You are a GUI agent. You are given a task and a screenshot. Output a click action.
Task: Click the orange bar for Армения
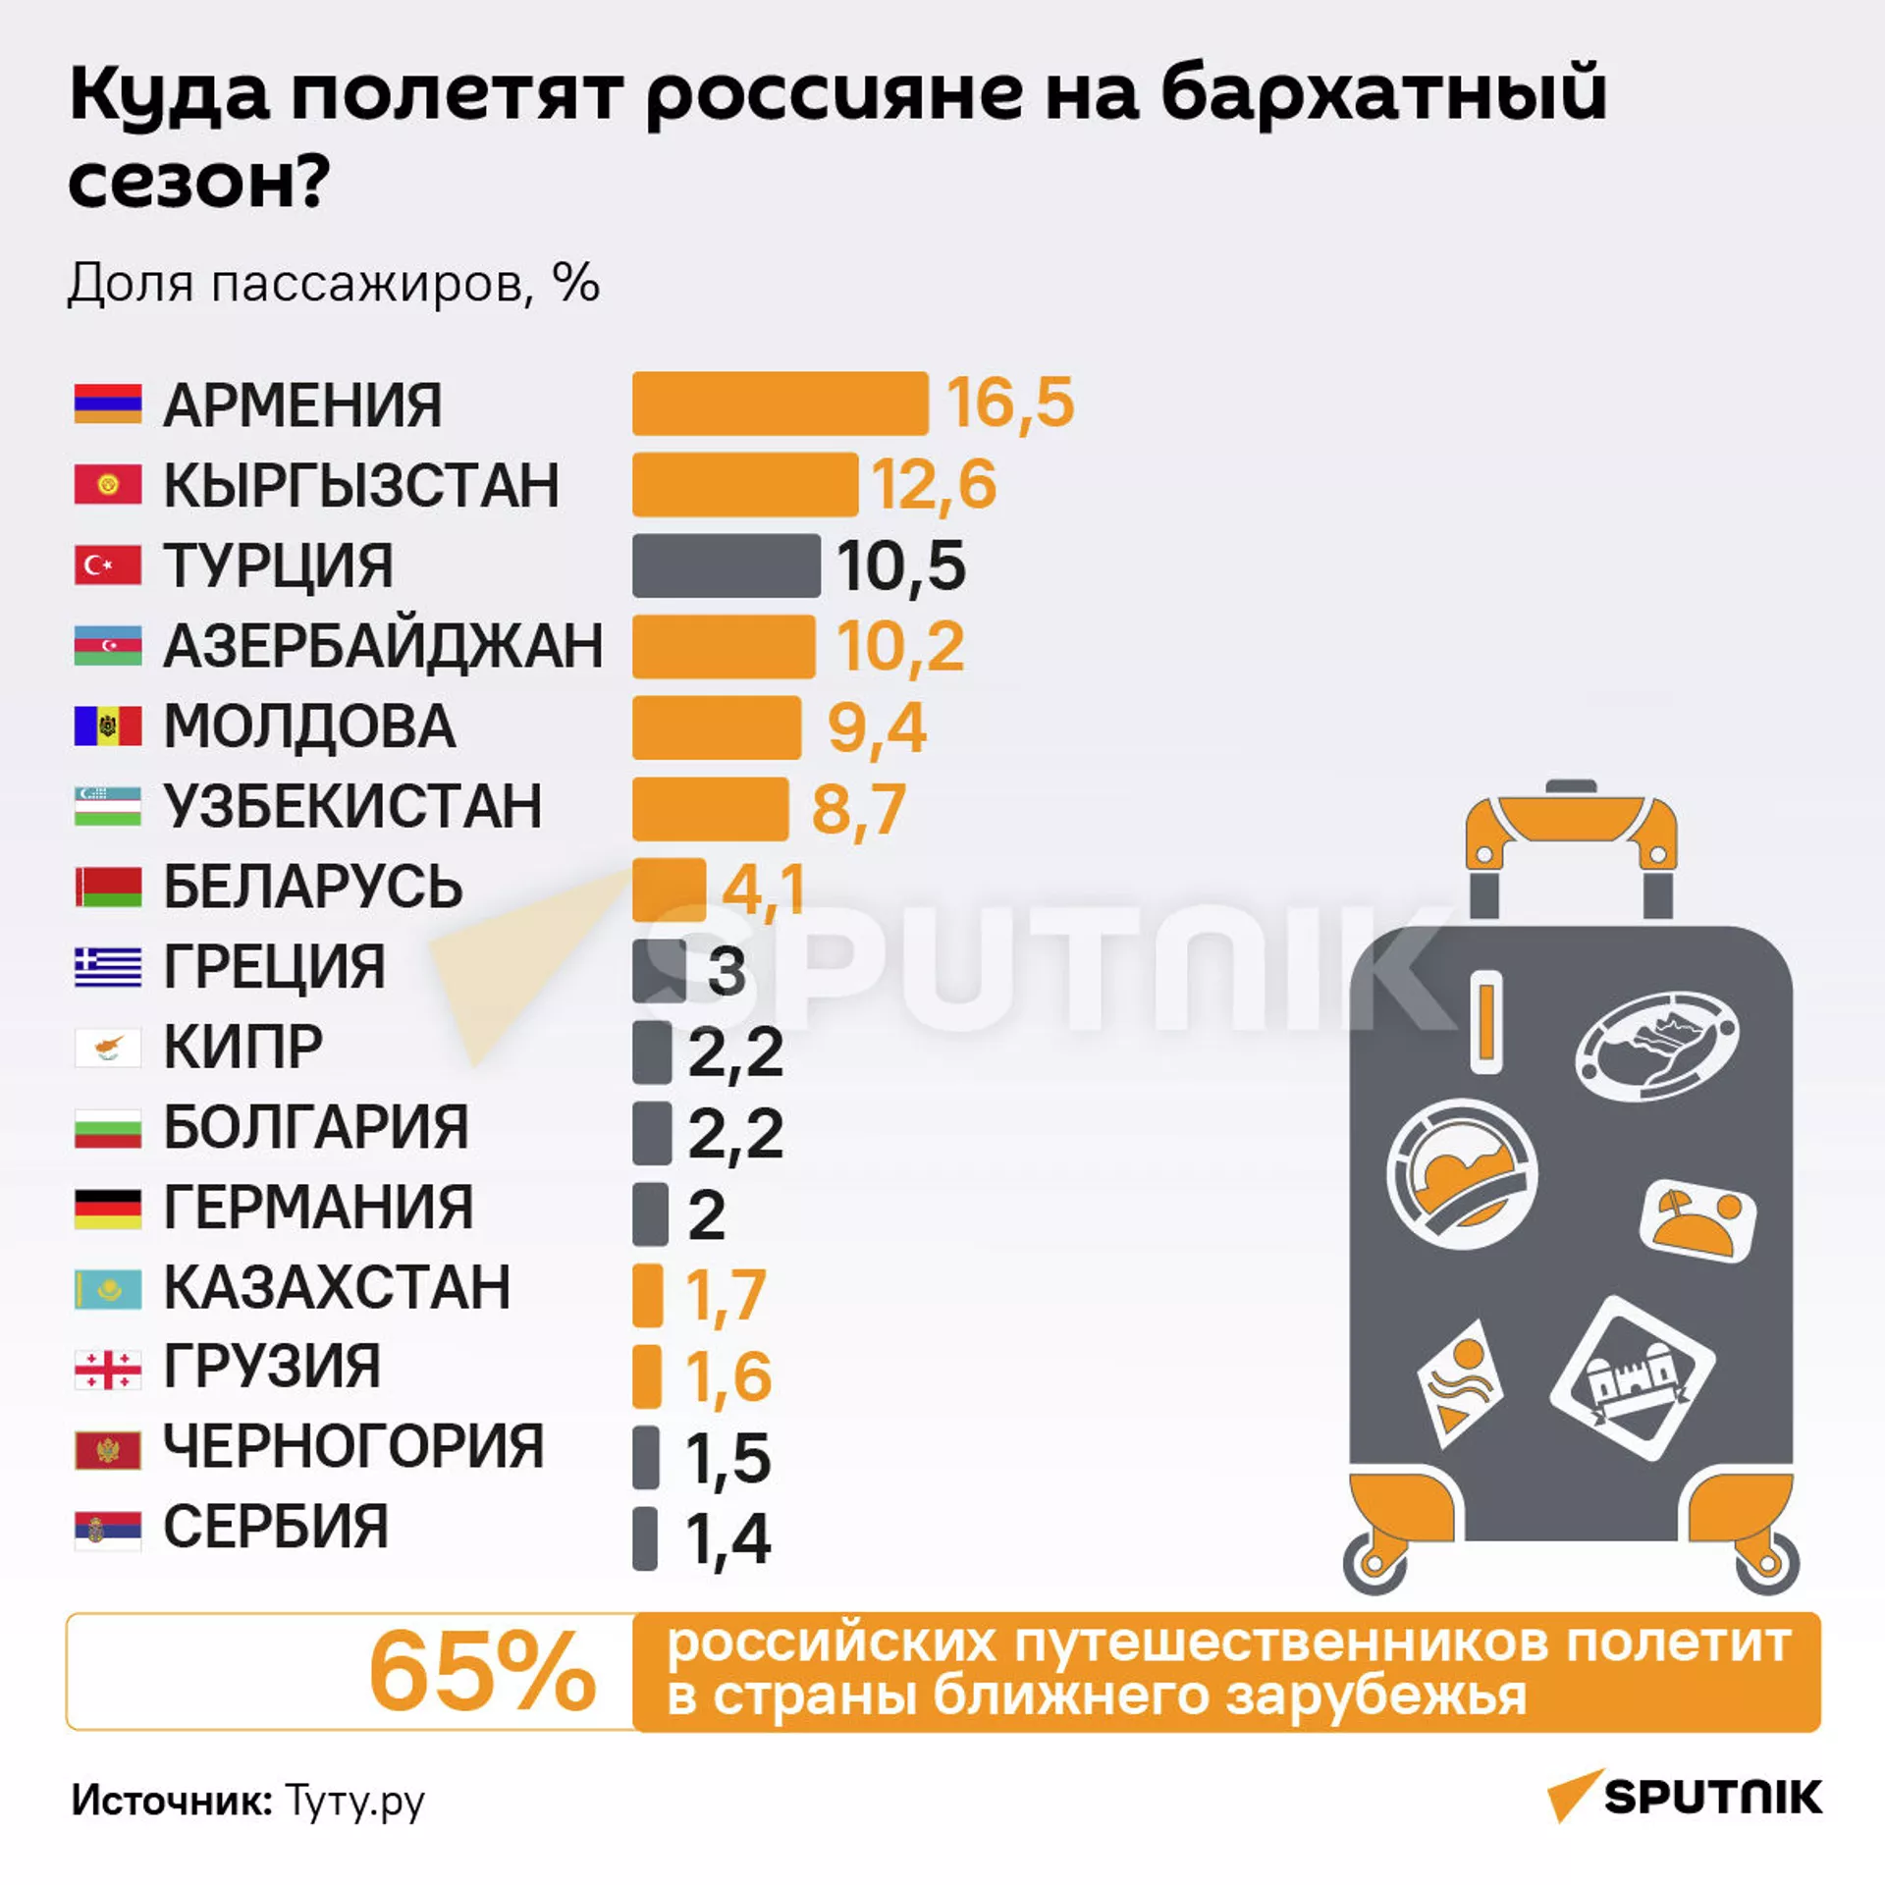[780, 404]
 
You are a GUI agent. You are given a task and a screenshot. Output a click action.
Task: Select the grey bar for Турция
[726, 565]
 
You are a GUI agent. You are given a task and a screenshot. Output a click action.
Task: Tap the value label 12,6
[934, 485]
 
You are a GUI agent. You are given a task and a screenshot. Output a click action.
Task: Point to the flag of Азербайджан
[108, 646]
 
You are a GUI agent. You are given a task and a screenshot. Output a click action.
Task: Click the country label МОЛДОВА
[309, 727]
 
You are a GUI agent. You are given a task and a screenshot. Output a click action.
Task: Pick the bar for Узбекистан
[710, 808]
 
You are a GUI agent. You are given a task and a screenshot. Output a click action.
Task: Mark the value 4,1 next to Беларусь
[764, 889]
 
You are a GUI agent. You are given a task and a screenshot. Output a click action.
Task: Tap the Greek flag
[108, 967]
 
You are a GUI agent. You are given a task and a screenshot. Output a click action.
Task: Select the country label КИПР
[242, 1047]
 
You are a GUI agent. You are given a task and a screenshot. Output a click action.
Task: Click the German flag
[108, 1208]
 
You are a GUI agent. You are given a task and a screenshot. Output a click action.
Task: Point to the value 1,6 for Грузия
[727, 1375]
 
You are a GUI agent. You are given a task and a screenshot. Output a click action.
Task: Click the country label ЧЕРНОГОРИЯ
[352, 1446]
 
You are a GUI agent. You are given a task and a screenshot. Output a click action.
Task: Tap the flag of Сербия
[108, 1529]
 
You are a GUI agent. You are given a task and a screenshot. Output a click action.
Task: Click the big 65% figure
[482, 1671]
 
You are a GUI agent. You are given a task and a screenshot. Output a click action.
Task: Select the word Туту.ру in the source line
[355, 1802]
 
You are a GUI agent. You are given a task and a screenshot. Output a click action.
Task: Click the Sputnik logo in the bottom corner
[1685, 1797]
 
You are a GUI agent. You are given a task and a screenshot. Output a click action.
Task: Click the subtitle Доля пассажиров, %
[333, 284]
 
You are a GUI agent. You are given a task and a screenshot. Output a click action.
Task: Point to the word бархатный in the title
[1383, 95]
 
